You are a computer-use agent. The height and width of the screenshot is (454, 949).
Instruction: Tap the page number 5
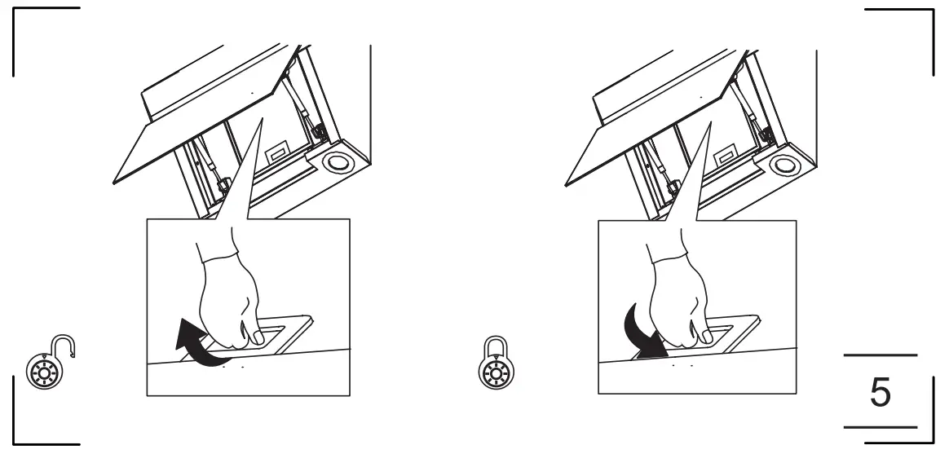pyautogui.click(x=881, y=391)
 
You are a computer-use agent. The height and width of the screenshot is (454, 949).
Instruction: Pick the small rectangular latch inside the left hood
pyautogui.click(x=277, y=152)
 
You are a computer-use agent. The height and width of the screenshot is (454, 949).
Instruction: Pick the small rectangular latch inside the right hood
pyautogui.click(x=725, y=152)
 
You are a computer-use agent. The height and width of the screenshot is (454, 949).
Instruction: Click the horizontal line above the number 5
pyautogui.click(x=880, y=355)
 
